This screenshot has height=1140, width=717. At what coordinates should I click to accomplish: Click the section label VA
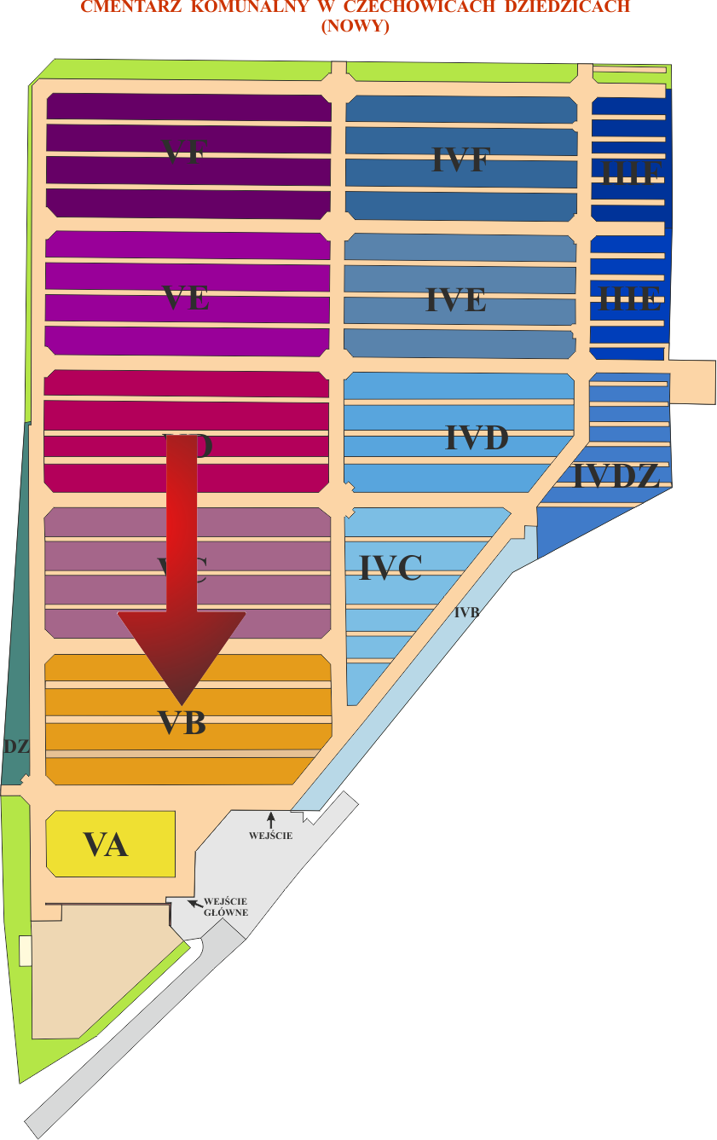[106, 844]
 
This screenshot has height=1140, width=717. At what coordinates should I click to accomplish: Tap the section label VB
[182, 722]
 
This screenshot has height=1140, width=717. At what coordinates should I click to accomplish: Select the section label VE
[186, 298]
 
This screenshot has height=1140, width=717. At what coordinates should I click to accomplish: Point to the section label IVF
[460, 159]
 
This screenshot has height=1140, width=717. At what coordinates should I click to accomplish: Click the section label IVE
[456, 300]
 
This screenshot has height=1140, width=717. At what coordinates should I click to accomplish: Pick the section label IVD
[477, 438]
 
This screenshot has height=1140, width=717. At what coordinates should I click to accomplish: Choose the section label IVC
[390, 568]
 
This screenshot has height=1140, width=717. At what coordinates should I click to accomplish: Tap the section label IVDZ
[616, 477]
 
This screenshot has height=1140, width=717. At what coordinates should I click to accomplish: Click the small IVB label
[466, 612]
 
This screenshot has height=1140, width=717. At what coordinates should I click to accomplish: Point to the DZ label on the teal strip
[16, 746]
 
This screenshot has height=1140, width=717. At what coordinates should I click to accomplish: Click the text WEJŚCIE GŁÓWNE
[226, 906]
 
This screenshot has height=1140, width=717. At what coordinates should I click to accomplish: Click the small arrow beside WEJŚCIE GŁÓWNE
[195, 901]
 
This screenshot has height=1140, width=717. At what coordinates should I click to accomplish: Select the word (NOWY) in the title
[355, 26]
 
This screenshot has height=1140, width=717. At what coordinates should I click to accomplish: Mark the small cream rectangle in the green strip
[26, 951]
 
